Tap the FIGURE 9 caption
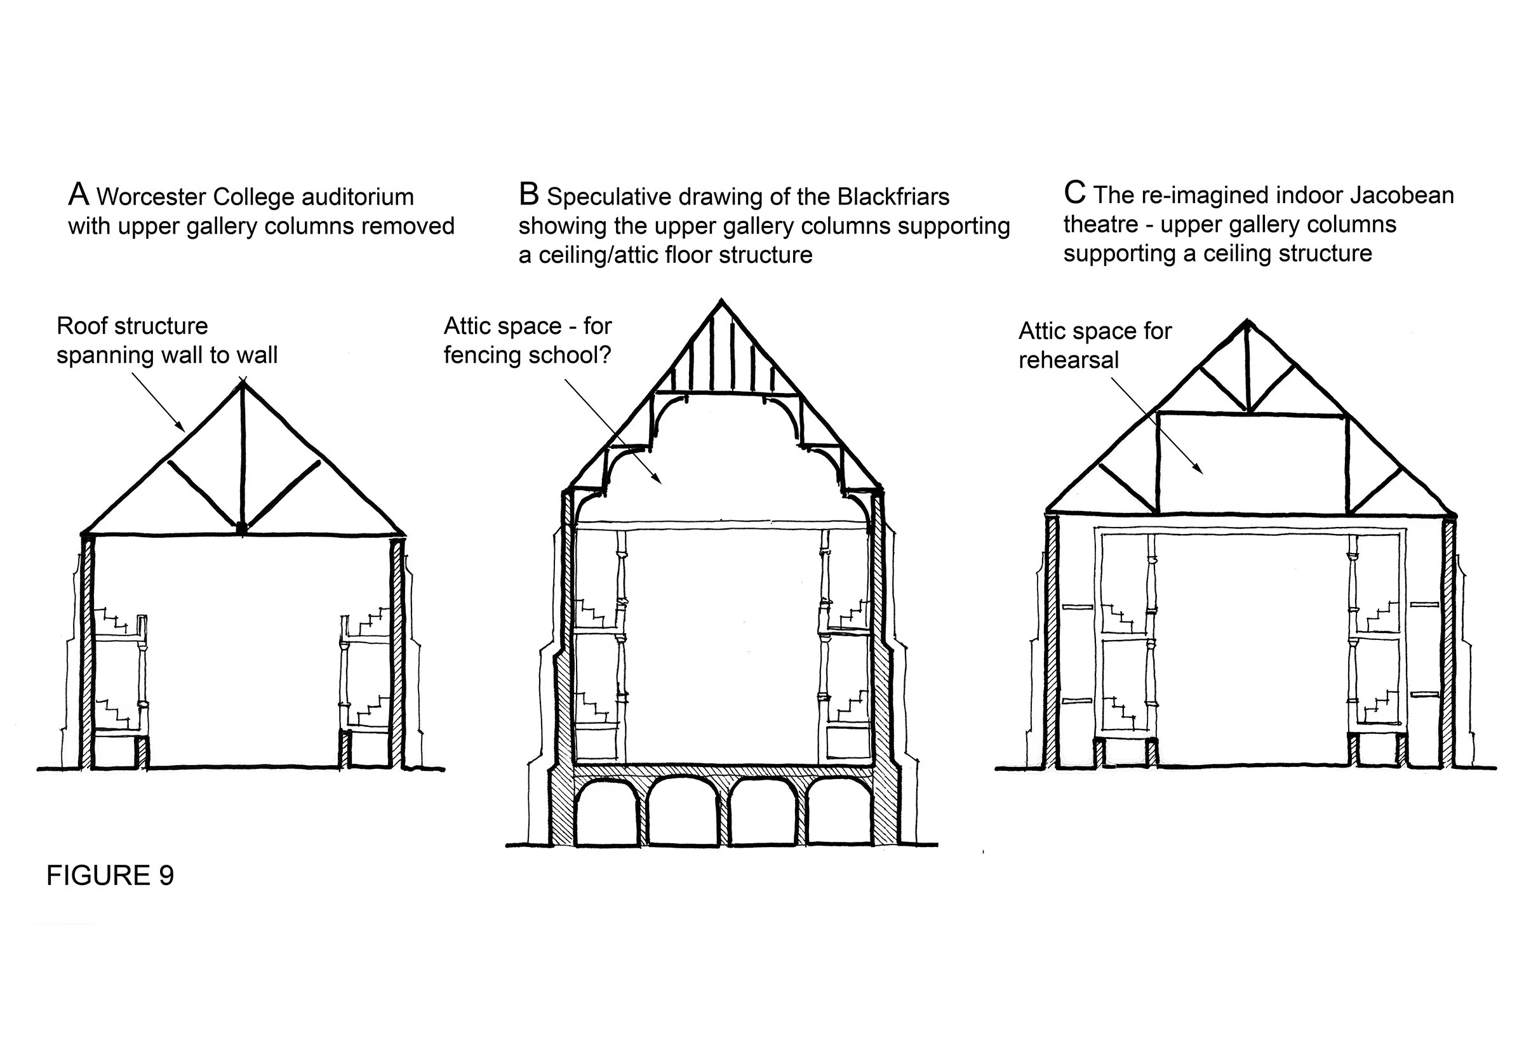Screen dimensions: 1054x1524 (x=110, y=876)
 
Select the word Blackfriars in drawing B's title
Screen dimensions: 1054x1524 (x=893, y=197)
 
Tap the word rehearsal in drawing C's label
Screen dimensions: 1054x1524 (x=1067, y=360)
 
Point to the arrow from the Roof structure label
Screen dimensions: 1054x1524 (x=159, y=402)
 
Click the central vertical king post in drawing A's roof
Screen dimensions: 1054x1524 (x=243, y=456)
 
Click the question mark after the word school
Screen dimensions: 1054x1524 (x=604, y=356)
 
